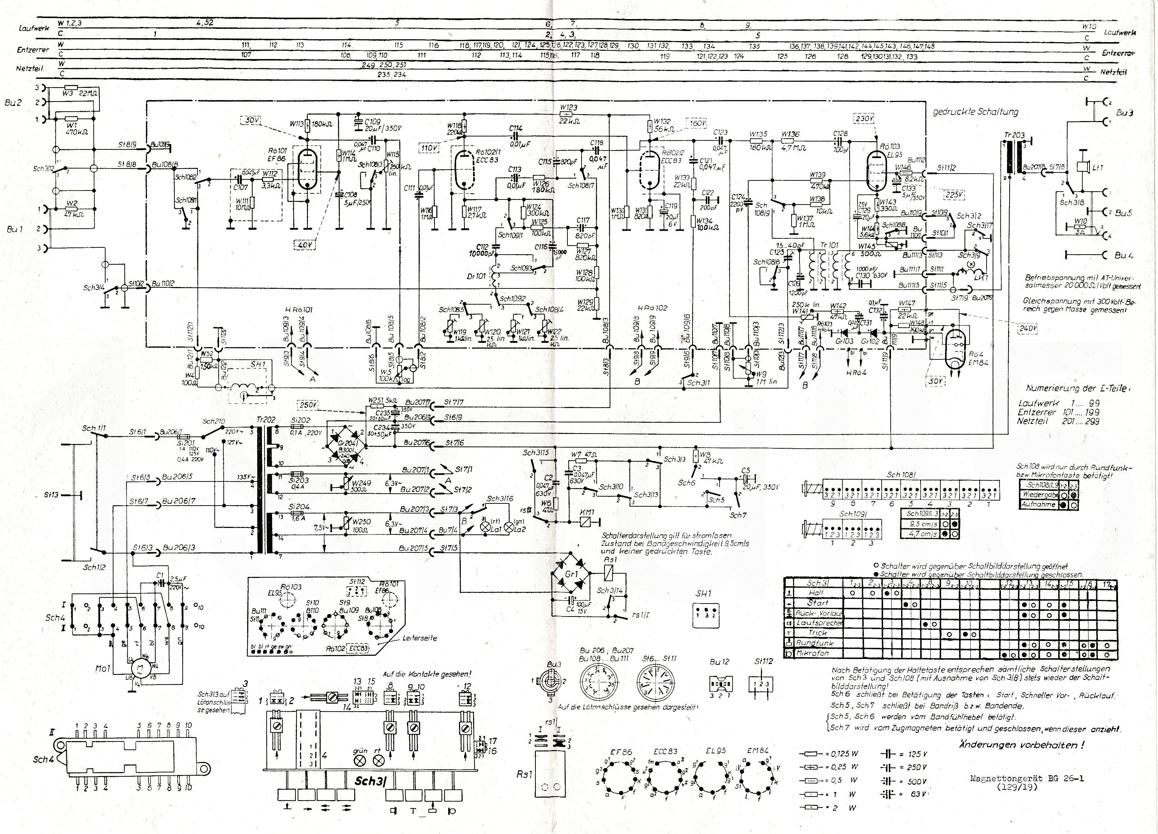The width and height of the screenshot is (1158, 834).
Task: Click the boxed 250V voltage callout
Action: (309, 405)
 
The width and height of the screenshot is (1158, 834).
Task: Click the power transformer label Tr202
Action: (267, 420)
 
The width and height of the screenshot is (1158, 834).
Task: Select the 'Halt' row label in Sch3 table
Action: (816, 593)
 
